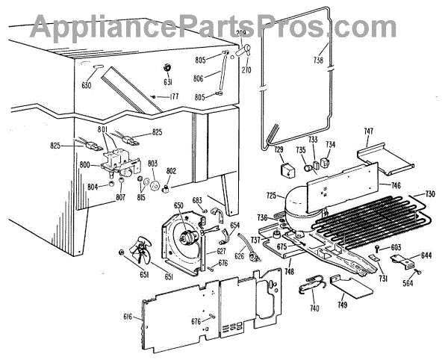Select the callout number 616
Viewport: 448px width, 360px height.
click(127, 317)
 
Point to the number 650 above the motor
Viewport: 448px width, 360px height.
click(178, 205)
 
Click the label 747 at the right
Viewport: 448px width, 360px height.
click(368, 131)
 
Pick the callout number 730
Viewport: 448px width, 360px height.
click(430, 194)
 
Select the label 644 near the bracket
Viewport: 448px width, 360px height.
click(426, 255)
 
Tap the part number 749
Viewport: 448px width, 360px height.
click(342, 305)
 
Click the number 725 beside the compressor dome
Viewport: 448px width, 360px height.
click(271, 196)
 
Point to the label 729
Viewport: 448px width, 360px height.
click(279, 150)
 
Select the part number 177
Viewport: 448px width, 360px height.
click(174, 96)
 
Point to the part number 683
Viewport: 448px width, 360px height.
click(198, 200)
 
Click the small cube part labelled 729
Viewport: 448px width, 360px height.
click(284, 170)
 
